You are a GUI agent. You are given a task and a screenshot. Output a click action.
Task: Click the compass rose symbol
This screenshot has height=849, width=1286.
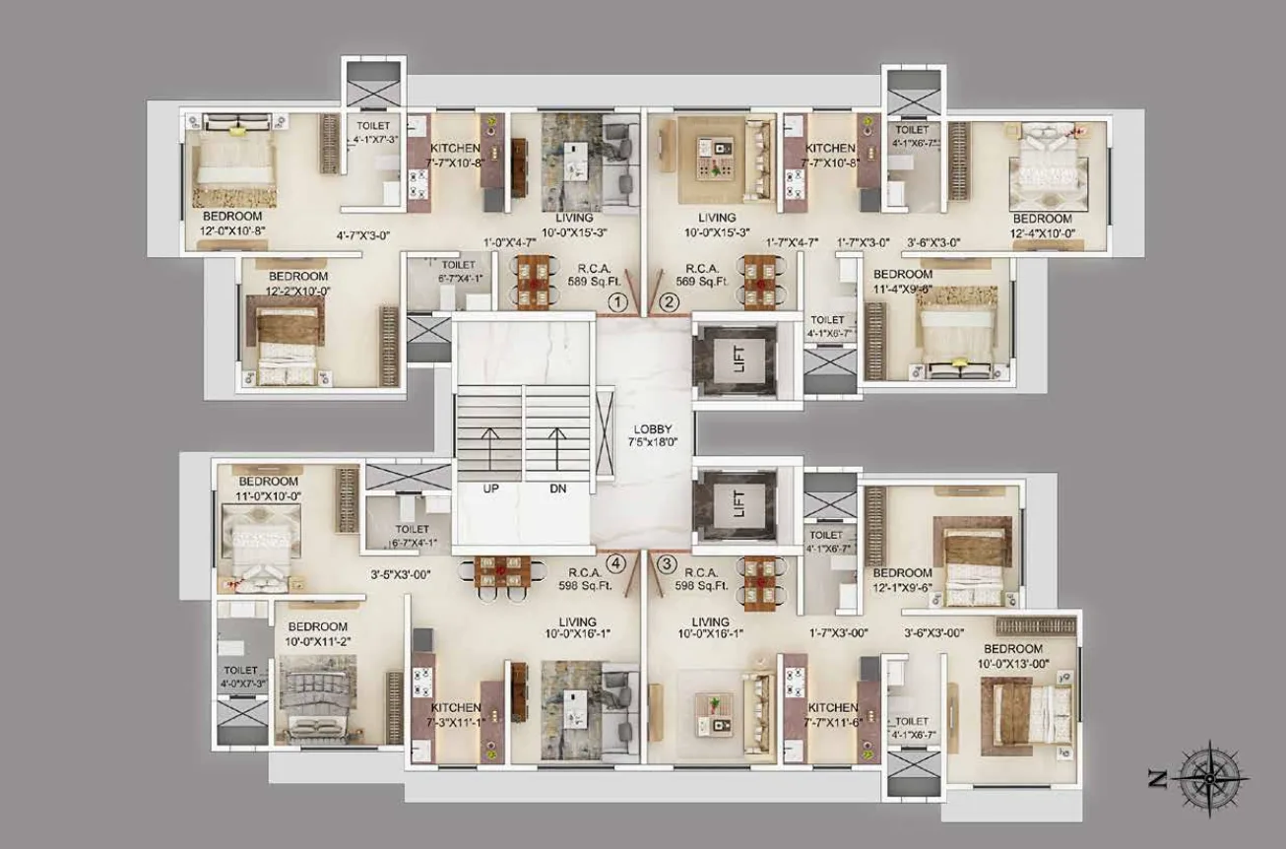[x=1213, y=777]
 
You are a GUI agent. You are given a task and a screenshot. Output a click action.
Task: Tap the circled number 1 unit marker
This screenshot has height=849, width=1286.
[x=617, y=302]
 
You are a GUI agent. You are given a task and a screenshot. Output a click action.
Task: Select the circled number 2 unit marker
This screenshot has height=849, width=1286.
[x=670, y=302]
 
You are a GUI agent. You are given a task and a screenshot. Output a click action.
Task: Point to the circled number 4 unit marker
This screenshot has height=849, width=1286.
[x=616, y=564]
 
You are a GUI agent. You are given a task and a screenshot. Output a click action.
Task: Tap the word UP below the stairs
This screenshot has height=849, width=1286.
[x=489, y=489]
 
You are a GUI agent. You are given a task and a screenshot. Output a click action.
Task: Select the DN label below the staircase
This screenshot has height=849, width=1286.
[x=557, y=489]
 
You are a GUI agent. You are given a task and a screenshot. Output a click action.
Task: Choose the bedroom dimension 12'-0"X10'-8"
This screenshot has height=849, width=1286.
[x=232, y=230]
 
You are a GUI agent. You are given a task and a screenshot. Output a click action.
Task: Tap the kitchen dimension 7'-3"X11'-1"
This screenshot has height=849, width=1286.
[x=455, y=723]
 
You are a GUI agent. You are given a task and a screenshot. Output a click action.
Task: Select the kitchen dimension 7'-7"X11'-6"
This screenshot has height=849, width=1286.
[x=833, y=723]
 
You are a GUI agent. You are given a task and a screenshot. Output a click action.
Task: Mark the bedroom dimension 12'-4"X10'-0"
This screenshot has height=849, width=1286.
[x=1041, y=232]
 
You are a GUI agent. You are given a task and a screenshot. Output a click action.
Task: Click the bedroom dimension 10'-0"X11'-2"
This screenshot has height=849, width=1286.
[x=318, y=642]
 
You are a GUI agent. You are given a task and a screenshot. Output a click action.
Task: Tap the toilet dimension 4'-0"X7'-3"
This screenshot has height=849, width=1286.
[x=241, y=684]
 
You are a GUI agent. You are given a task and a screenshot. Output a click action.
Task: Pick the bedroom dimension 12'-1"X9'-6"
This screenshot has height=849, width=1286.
[x=902, y=588]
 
